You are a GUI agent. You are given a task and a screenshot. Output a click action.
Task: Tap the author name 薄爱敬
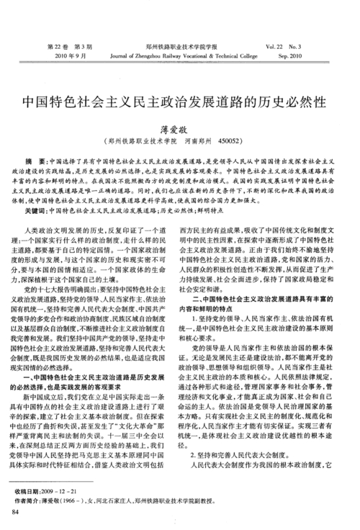click(x=180, y=126)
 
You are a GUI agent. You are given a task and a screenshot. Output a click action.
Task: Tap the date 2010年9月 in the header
click(x=71, y=55)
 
